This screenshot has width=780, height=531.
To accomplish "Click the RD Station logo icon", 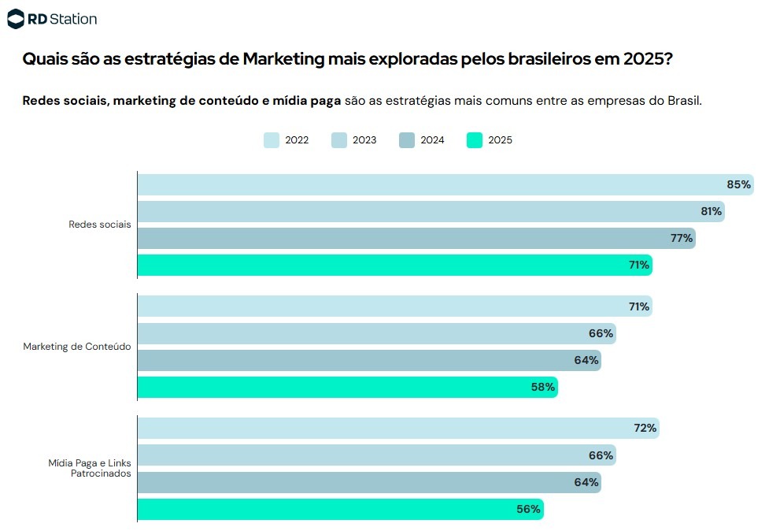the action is click(x=16, y=19).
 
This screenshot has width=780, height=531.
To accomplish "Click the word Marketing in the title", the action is click(x=283, y=59).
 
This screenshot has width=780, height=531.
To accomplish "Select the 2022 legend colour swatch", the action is click(x=272, y=140).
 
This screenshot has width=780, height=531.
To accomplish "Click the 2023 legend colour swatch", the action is click(x=339, y=140).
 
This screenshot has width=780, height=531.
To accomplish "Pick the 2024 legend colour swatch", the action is click(x=407, y=140).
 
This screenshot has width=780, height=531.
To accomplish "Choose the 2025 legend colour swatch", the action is click(x=475, y=140).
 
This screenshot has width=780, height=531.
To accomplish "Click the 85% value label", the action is click(x=739, y=185).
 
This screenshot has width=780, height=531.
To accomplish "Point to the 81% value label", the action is click(x=712, y=212).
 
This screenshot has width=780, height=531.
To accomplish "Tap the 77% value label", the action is click(x=682, y=238).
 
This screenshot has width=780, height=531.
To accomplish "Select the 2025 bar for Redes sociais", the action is click(x=395, y=265).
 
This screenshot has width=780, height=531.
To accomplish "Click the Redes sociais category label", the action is click(x=100, y=225).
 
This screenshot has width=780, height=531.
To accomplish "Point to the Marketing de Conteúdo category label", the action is click(x=77, y=347).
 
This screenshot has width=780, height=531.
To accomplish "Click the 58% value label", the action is click(x=543, y=387).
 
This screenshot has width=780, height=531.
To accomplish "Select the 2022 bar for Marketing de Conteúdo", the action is click(x=395, y=306).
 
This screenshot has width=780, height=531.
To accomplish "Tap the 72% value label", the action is click(x=645, y=428).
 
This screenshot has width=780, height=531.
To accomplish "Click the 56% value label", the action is click(x=528, y=509).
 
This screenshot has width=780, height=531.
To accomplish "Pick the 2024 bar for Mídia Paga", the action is click(x=370, y=482).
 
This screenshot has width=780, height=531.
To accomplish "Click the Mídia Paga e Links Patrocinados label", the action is click(x=90, y=468).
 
